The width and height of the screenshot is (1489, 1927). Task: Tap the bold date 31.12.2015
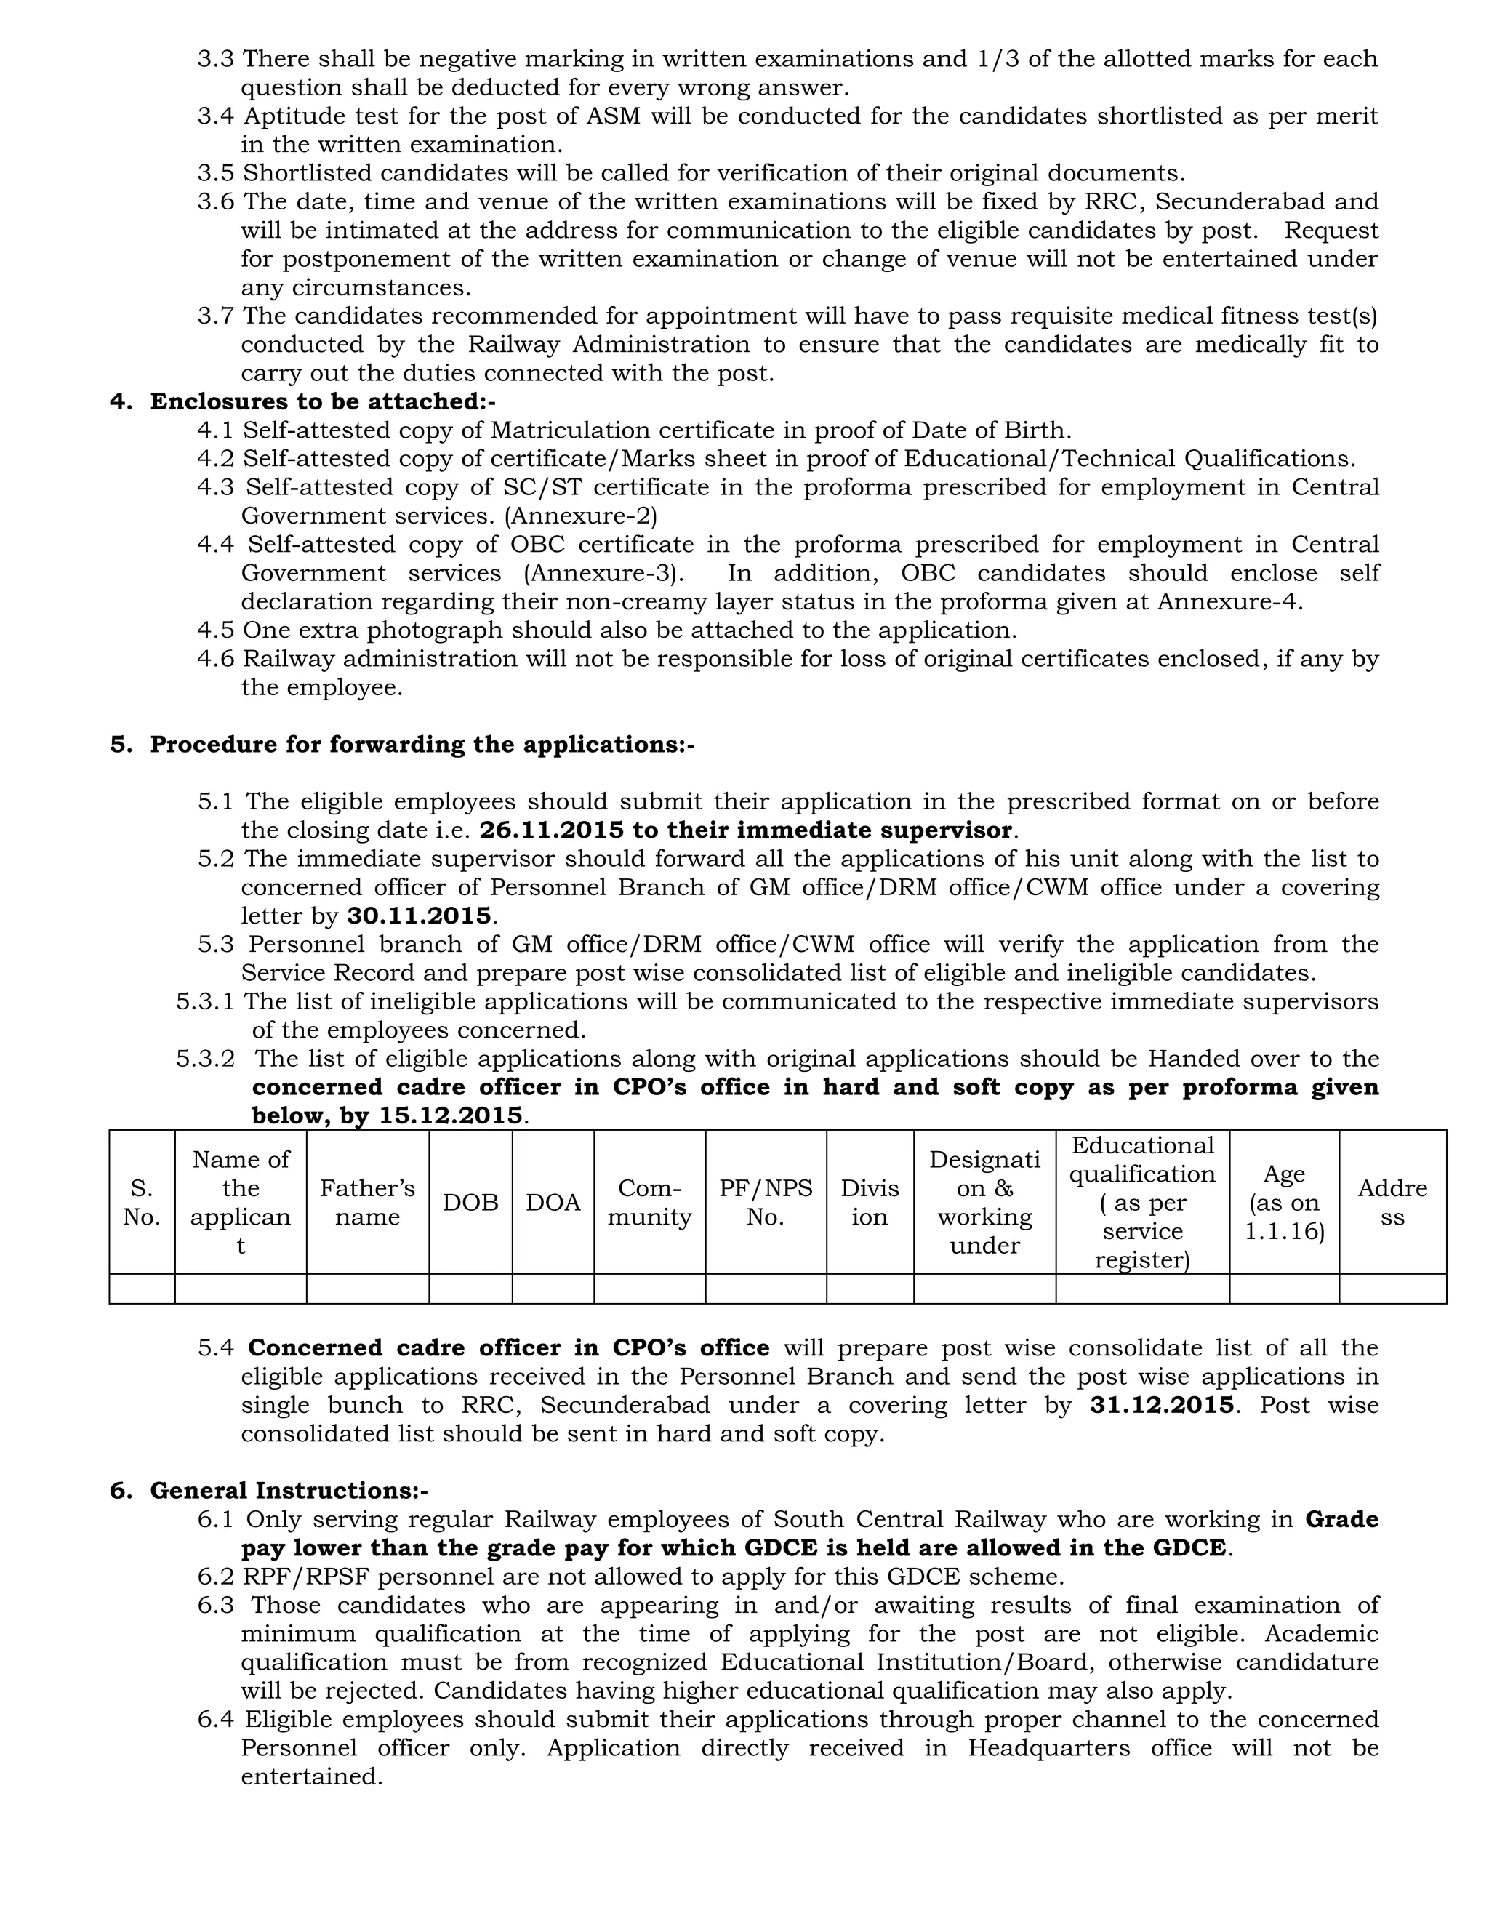pos(1162,1405)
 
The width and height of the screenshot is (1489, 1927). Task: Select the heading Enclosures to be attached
pos(322,401)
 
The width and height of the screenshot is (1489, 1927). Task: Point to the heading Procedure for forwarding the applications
pos(422,744)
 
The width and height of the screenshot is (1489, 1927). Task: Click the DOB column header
pos(470,1203)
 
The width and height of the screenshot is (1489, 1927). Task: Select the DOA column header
pos(553,1203)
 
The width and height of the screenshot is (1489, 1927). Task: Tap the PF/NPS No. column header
pos(766,1202)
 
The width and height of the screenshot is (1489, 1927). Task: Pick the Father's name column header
pos(367,1202)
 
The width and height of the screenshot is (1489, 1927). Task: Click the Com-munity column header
pos(649,1202)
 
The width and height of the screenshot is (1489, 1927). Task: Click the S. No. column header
pos(141,1202)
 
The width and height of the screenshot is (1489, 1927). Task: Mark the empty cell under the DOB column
pos(470,1289)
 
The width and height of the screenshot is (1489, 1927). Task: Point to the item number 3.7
pos(216,316)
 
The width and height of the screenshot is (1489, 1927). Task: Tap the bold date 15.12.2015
pos(451,1115)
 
